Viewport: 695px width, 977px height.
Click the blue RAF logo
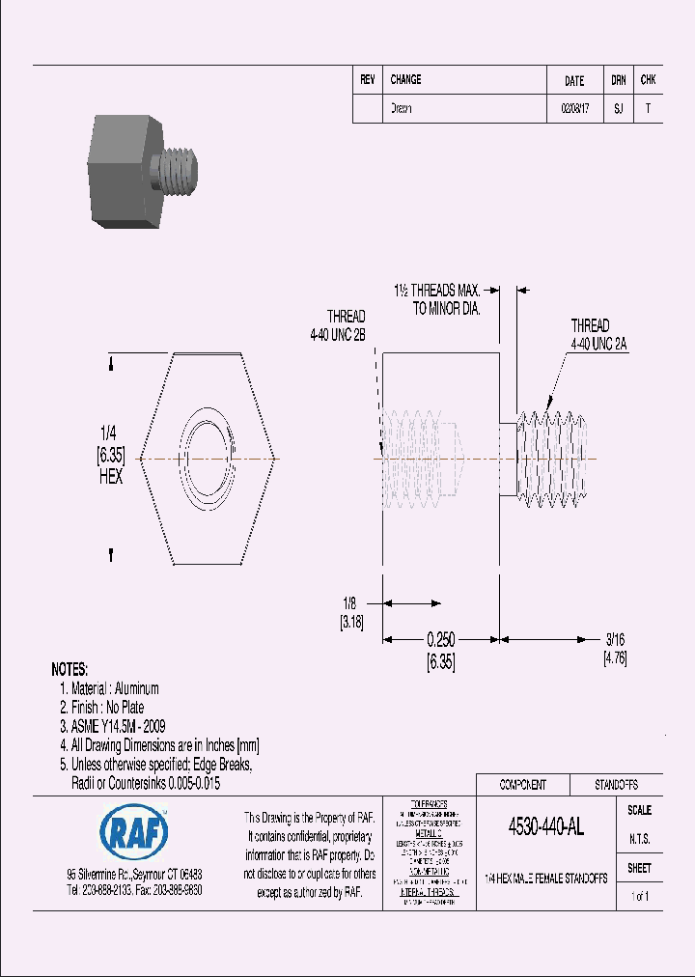(x=133, y=830)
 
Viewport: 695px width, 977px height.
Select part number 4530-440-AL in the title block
(x=545, y=827)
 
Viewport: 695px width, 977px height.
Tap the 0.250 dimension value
(x=440, y=640)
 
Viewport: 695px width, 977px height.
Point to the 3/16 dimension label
(x=615, y=640)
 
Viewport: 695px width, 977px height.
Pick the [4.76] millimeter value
(x=616, y=658)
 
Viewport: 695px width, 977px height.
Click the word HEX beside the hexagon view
(x=110, y=477)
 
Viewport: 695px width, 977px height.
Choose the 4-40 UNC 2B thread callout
(x=331, y=335)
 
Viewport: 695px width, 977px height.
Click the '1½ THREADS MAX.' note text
(x=436, y=290)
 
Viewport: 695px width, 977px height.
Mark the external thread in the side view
(x=550, y=458)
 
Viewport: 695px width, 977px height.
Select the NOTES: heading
(x=69, y=669)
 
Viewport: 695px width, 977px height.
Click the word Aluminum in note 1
(x=136, y=688)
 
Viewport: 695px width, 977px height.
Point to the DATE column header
(x=574, y=81)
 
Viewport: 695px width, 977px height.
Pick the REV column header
(x=367, y=80)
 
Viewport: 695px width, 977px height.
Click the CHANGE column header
(x=405, y=80)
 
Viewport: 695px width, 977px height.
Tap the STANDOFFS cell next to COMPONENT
(x=614, y=785)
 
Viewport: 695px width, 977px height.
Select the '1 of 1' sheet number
(x=639, y=897)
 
